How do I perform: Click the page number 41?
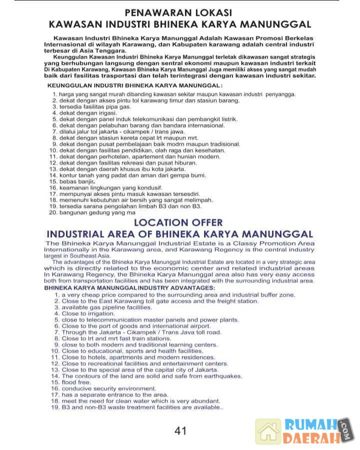(180, 431)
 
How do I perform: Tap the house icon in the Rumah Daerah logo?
(268, 432)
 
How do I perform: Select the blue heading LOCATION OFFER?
(178, 222)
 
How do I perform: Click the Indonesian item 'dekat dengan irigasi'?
(85, 113)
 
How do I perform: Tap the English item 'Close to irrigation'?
(84, 314)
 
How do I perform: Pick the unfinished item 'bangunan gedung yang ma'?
(97, 213)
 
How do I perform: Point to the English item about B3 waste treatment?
(142, 407)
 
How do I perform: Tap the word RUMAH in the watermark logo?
(310, 425)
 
